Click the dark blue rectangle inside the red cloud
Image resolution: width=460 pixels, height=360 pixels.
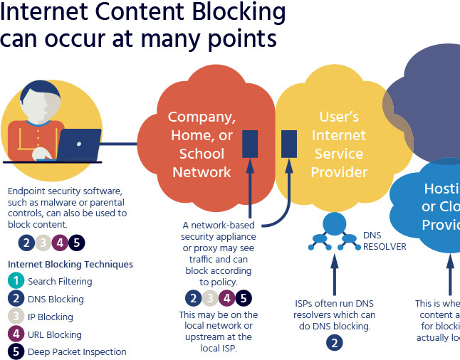point(250,144)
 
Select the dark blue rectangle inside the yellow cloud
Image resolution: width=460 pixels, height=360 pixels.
point(288,144)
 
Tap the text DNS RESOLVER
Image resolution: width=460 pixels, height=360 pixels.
point(385,240)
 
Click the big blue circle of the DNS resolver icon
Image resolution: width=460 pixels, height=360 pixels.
point(333,223)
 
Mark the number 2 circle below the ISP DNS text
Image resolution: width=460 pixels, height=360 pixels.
point(334,343)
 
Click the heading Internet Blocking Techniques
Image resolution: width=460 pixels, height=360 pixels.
point(70,264)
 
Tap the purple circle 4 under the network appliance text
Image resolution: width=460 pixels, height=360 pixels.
point(226,299)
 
